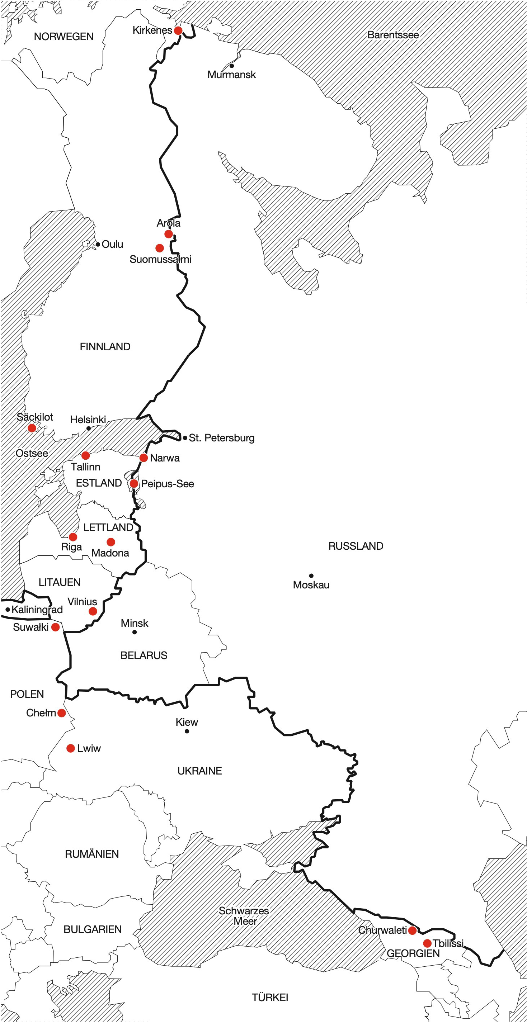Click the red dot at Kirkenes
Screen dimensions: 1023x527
[178, 30]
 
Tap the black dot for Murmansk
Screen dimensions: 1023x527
[232, 66]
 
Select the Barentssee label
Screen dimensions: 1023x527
[393, 35]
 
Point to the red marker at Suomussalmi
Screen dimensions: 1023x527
[159, 248]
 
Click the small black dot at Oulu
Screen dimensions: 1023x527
[98, 245]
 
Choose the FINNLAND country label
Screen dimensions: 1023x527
[105, 347]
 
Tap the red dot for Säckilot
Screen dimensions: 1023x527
[32, 428]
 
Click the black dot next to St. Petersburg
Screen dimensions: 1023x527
[185, 438]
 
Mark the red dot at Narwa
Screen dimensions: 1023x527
[143, 458]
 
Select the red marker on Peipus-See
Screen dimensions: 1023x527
[134, 484]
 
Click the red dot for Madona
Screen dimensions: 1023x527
[111, 542]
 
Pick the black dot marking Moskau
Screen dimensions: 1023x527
[311, 576]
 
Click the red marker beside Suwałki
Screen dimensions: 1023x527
[56, 627]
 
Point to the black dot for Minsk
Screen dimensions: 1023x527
[134, 632]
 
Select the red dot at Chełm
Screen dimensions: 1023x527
[62, 713]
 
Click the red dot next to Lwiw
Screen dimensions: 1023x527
[71, 748]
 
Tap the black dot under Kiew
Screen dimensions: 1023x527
[187, 731]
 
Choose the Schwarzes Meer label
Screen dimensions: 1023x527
[244, 916]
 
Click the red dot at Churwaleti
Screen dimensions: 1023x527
[413, 930]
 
